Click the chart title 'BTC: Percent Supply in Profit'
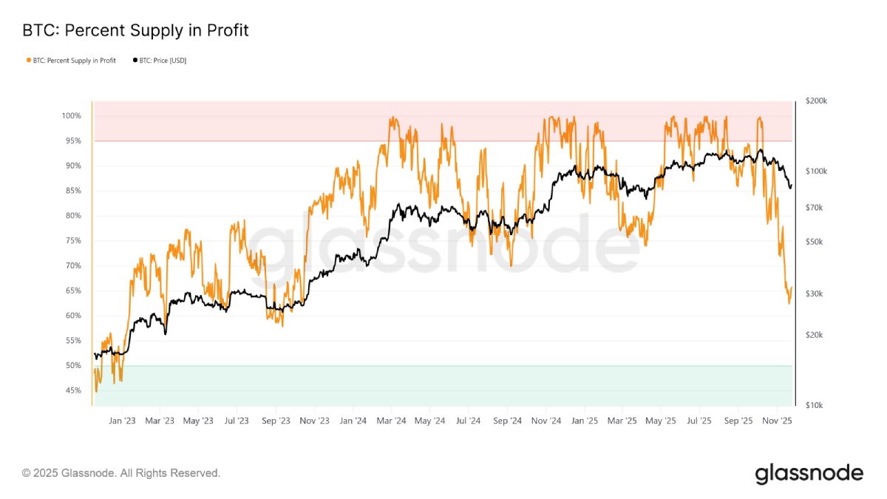pos(135,30)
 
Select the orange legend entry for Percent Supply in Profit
pos(71,60)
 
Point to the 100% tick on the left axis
pos(72,116)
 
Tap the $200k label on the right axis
pos(815,101)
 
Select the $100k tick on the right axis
pos(815,172)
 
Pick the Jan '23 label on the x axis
pos(122,421)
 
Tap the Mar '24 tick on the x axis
pos(391,421)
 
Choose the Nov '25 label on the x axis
pos(777,421)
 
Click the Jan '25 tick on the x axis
pos(584,421)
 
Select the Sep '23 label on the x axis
pos(276,421)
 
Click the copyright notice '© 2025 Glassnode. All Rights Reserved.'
pos(121,472)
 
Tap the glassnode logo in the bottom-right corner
pos(809,473)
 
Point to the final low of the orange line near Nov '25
pos(789,303)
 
